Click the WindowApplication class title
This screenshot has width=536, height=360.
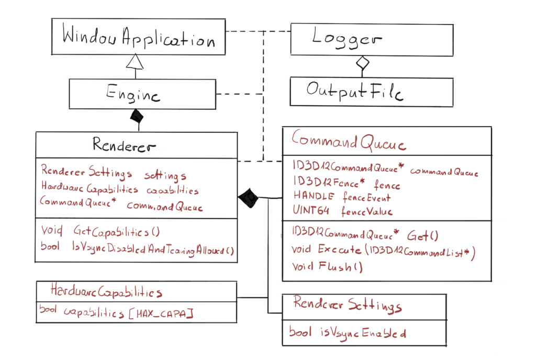138,38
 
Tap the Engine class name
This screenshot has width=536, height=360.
133,95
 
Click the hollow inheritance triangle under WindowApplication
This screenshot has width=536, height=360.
136,63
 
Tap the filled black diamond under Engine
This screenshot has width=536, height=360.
138,115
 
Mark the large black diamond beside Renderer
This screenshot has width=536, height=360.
249,198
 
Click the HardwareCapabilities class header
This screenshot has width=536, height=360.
106,290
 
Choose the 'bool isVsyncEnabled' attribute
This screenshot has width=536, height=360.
347,332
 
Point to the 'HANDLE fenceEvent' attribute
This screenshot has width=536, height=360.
341,197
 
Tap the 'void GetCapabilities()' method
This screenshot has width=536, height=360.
100,230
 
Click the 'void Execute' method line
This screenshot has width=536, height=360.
383,252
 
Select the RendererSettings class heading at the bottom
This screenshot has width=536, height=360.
347,305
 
